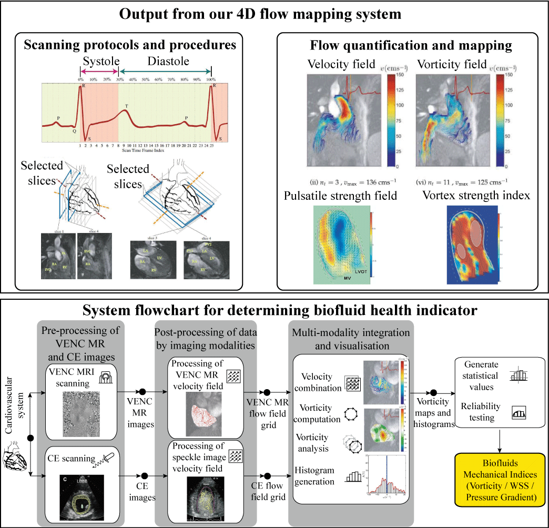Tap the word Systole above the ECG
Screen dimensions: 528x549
pos(99,62)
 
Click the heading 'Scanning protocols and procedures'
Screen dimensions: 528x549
pos(130,45)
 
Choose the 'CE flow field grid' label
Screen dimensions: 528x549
pos(269,491)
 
